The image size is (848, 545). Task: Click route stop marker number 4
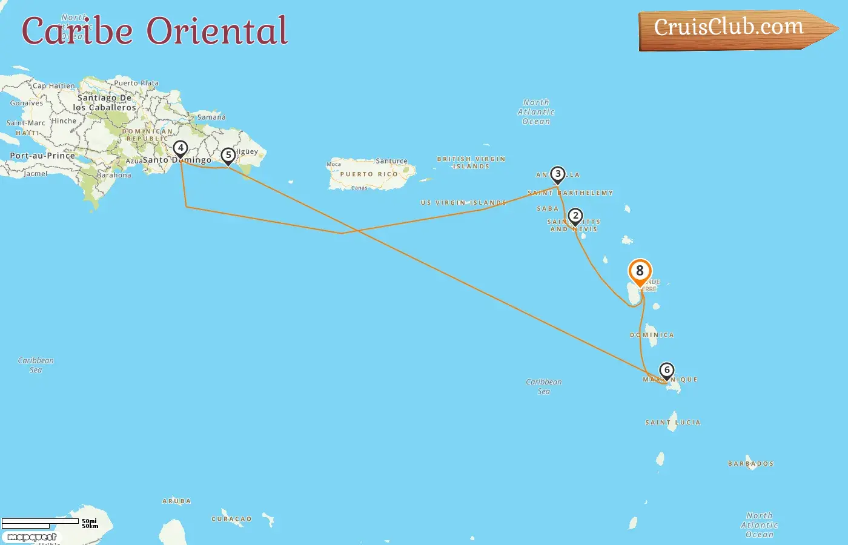(x=180, y=148)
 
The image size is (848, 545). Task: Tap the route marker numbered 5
(x=228, y=156)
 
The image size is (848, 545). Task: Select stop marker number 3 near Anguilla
(x=557, y=174)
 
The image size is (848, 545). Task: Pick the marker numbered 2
(x=575, y=216)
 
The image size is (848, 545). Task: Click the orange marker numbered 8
(x=640, y=271)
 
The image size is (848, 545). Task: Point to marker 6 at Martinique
(x=666, y=371)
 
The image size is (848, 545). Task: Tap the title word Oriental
(x=217, y=31)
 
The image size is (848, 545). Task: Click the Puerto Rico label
(x=369, y=174)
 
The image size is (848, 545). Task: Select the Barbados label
(x=750, y=464)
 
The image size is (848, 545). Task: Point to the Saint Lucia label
(x=672, y=423)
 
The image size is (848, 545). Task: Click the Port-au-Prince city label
(x=42, y=156)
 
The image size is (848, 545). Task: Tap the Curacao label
(x=231, y=519)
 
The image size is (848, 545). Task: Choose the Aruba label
(x=176, y=501)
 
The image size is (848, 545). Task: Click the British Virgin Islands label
(x=471, y=162)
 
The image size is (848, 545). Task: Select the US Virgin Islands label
(x=463, y=203)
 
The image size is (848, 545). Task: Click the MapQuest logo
(x=32, y=537)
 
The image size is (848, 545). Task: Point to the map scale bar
(x=40, y=523)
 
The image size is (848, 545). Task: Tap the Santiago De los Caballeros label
(x=104, y=102)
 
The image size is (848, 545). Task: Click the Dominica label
(x=652, y=335)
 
